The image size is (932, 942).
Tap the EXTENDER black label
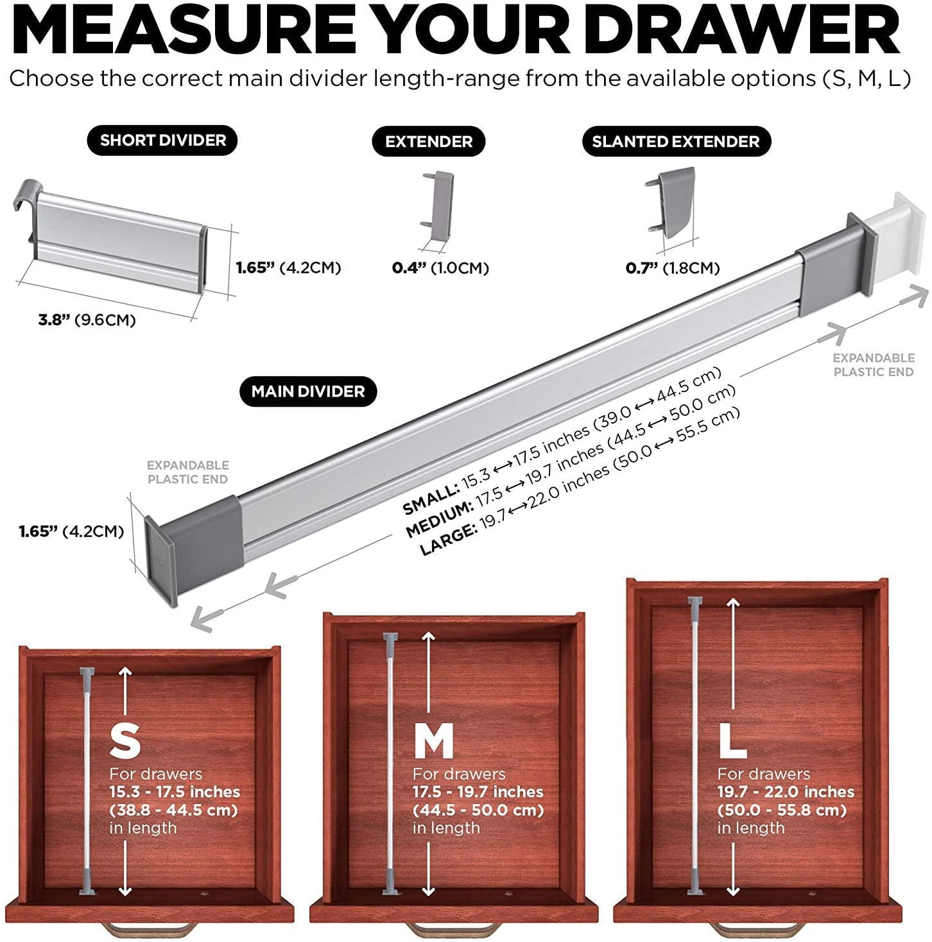point(428,142)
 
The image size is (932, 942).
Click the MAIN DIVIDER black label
point(307,391)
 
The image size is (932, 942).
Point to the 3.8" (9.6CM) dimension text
point(87,320)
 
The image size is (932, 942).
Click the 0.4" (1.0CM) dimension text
point(440,268)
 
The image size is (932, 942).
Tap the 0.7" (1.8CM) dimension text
point(672,268)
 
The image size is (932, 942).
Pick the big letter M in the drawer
point(433,741)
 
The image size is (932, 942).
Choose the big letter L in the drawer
point(732,741)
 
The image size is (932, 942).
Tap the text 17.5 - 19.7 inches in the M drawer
point(478,791)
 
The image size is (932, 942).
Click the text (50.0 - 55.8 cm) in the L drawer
point(782,810)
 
